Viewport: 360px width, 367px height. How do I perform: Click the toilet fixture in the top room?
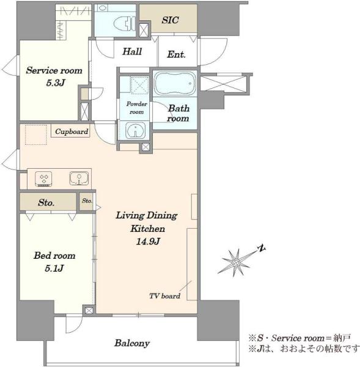point(124,23)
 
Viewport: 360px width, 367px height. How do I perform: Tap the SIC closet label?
point(170,20)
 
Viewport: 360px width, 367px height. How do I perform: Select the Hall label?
point(132,51)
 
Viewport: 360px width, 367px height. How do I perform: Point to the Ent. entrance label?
point(176,54)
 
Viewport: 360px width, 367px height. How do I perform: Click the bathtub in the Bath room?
point(175,84)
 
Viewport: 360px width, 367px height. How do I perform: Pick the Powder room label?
point(137,108)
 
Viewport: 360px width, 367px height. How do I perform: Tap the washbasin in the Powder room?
point(135,130)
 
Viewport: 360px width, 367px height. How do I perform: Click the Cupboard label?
point(72,132)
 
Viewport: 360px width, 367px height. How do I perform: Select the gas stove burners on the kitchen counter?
point(43,179)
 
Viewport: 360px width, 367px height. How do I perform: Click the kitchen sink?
point(79,178)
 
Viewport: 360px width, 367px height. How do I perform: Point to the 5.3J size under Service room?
point(55,83)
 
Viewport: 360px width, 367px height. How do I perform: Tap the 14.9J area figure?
point(148,241)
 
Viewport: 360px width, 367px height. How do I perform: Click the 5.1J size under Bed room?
point(54,269)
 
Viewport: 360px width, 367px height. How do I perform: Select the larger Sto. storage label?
point(46,202)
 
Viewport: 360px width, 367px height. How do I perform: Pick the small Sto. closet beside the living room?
point(87,201)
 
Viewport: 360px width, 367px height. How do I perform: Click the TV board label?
point(164,296)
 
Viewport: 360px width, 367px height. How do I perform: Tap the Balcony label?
point(132,343)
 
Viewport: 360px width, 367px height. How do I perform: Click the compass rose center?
point(237,262)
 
